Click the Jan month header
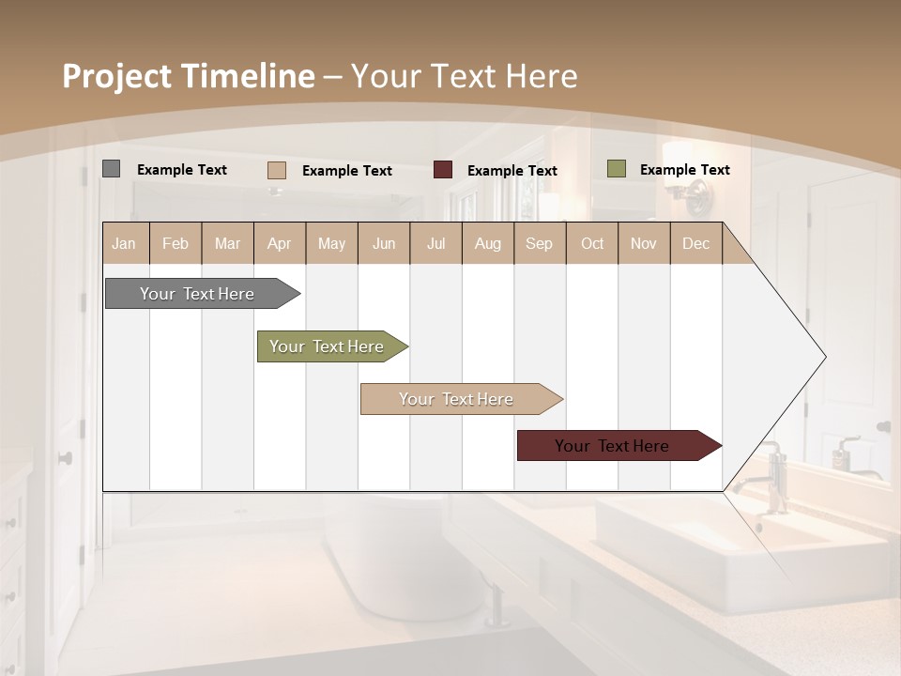tap(125, 243)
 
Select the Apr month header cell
tap(280, 243)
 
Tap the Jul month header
tap(435, 243)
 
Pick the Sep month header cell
tap(540, 243)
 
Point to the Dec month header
tap(695, 243)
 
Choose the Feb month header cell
tap(176, 243)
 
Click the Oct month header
tap(592, 243)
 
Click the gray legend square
tap(112, 169)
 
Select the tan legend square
tap(277, 170)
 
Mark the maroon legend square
tap(443, 170)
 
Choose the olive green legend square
tap(617, 169)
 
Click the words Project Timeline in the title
tap(189, 76)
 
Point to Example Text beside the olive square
tap(685, 170)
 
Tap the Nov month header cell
tap(644, 243)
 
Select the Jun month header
tap(384, 243)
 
